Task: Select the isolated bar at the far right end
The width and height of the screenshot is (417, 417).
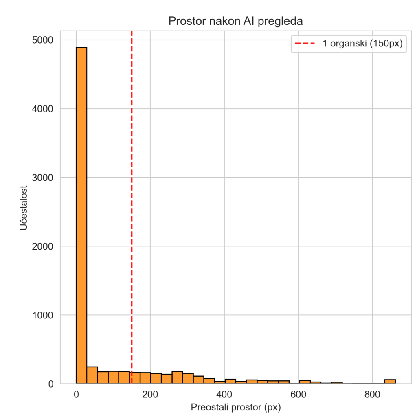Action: point(390,382)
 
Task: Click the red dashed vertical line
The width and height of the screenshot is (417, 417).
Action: point(132,204)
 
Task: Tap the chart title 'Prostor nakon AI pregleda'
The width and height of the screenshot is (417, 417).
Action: point(235,22)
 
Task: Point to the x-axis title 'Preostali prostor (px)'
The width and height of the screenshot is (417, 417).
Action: point(235,407)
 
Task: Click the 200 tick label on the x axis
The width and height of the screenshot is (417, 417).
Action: point(150,394)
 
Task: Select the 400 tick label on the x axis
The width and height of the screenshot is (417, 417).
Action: point(224,394)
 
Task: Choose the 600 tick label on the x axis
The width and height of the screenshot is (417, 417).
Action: point(298,394)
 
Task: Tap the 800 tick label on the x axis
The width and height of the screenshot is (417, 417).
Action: point(372,394)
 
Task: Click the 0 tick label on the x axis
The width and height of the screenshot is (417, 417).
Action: point(76,394)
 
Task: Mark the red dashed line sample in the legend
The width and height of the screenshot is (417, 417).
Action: point(305,44)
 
